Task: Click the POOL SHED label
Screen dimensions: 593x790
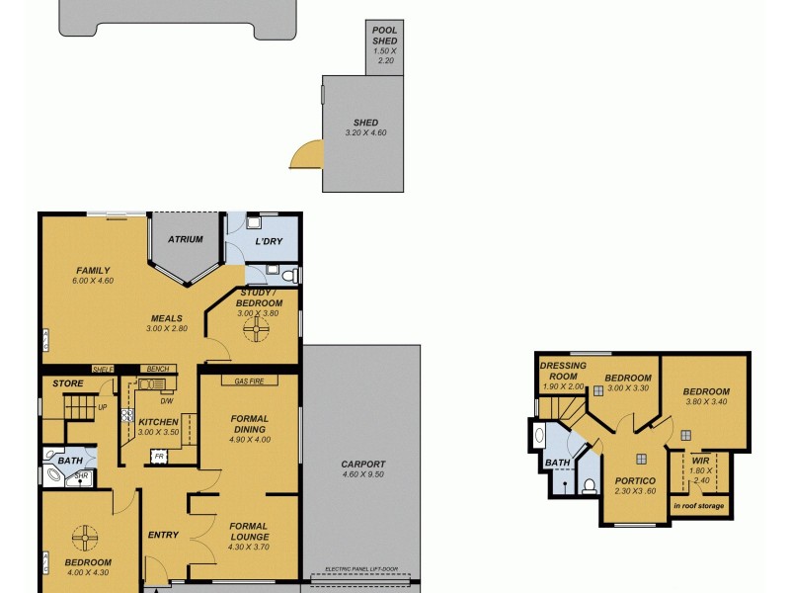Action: click(x=384, y=36)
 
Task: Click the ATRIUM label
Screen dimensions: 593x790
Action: click(x=185, y=239)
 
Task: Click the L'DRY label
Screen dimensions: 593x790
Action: click(x=270, y=242)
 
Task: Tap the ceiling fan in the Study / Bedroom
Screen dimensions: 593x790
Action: click(x=257, y=327)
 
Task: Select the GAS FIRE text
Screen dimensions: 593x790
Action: click(x=249, y=381)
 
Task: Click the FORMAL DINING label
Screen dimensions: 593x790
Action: click(x=249, y=425)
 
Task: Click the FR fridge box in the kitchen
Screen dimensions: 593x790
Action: click(x=157, y=456)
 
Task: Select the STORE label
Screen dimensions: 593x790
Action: click(x=68, y=382)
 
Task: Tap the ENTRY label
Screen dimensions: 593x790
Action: click(x=163, y=535)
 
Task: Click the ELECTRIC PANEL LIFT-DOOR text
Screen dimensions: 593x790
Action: click(x=361, y=574)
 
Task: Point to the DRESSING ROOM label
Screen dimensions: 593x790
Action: click(x=563, y=371)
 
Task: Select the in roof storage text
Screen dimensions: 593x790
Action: click(x=699, y=506)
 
